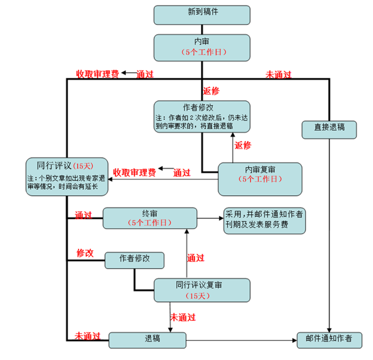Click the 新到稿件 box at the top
pyautogui.click(x=202, y=14)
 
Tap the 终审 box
pyautogui.click(x=150, y=218)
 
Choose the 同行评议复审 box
pyautogui.click(x=202, y=290)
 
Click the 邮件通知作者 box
pyautogui.click(x=329, y=340)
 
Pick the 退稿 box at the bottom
pyautogui.click(x=148, y=340)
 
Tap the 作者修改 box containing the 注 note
pyautogui.click(x=202, y=117)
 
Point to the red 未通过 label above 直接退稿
pyautogui.click(x=279, y=74)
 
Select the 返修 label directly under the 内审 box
pyautogui.click(x=211, y=91)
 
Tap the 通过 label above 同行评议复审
pyautogui.click(x=195, y=258)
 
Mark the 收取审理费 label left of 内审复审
pyautogui.click(x=134, y=172)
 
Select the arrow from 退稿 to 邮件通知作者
pyautogui.click(x=242, y=341)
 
